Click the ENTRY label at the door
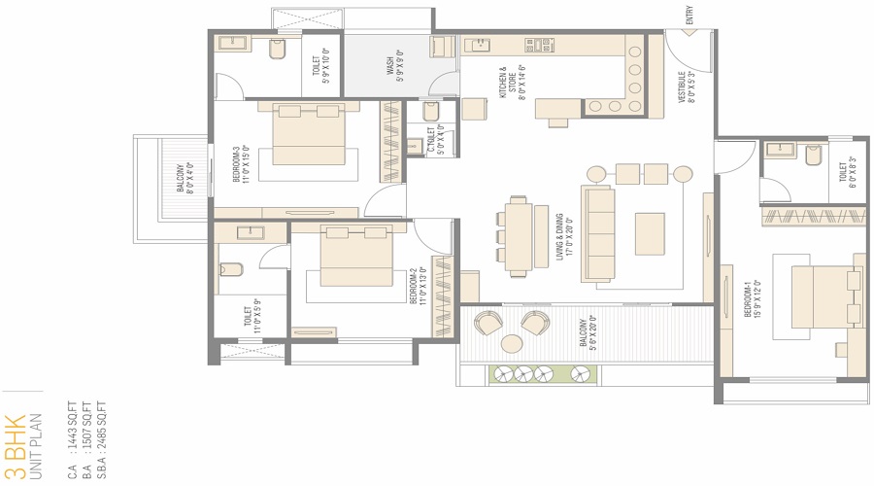[690, 16]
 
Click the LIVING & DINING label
[560, 236]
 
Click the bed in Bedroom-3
[306, 136]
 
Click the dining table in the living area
[519, 233]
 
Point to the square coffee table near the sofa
[650, 233]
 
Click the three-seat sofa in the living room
[598, 233]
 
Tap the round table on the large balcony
[511, 343]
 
